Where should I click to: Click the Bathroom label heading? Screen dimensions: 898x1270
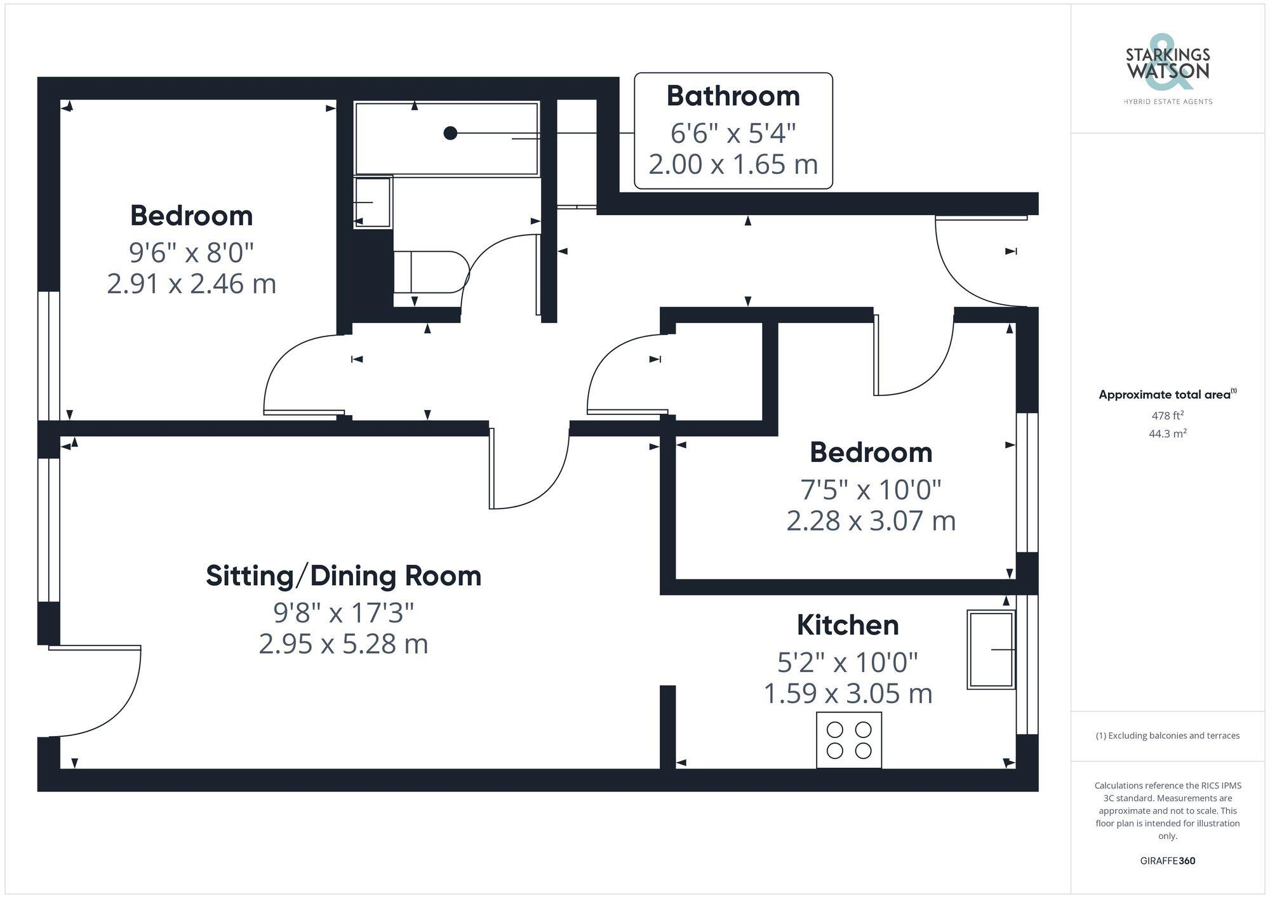[x=733, y=96]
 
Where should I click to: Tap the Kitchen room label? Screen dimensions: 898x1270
[x=848, y=625]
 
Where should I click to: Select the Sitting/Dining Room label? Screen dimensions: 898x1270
[x=344, y=576]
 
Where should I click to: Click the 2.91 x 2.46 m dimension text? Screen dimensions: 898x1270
[x=191, y=284]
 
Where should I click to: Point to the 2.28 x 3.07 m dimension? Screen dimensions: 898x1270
[x=871, y=521]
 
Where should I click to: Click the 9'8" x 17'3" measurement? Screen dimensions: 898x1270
[x=344, y=613]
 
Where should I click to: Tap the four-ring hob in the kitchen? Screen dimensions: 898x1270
[x=849, y=740]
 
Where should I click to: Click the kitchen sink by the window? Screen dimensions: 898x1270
[x=990, y=649]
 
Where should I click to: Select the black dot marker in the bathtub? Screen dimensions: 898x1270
[x=450, y=133]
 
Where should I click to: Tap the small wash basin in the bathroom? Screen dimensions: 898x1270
[x=372, y=202]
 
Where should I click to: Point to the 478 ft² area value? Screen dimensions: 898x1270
[x=1167, y=416]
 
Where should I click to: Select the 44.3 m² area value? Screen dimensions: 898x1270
[x=1167, y=434]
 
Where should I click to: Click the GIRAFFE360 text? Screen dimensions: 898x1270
[x=1167, y=861]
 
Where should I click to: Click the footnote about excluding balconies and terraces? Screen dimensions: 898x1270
[x=1167, y=736]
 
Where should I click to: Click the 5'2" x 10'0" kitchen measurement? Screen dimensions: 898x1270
[x=848, y=663]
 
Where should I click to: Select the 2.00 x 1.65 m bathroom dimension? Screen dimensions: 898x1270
[x=733, y=165]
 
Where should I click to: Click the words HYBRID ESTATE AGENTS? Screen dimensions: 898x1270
[x=1167, y=102]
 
